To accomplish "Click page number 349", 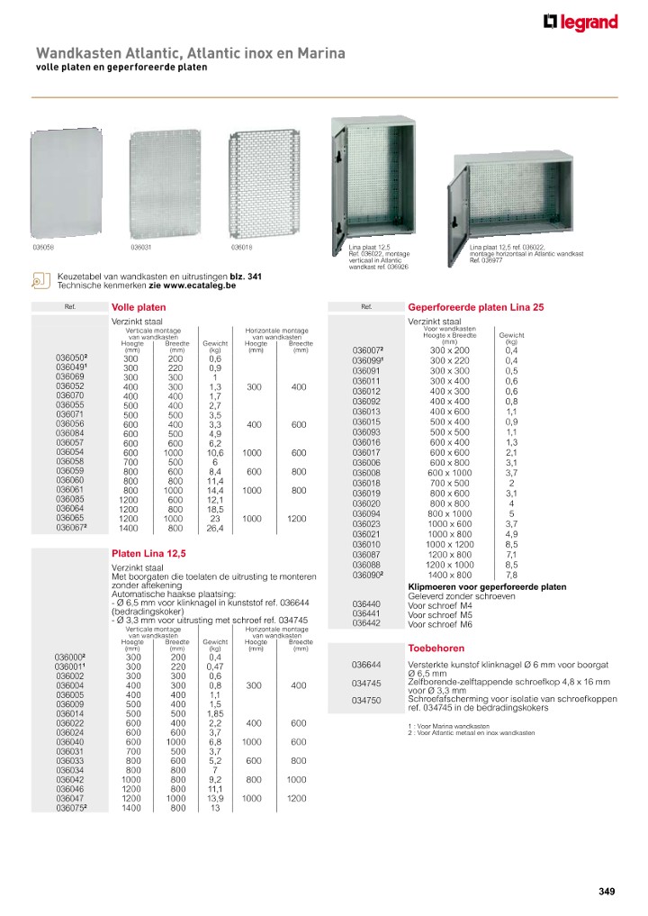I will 607,892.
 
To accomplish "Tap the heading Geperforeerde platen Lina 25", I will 476,307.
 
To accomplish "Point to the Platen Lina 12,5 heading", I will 148,552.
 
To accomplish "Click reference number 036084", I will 70,433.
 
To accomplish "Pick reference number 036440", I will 366,604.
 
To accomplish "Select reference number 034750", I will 366,700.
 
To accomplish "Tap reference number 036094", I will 366,513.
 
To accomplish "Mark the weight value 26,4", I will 215,529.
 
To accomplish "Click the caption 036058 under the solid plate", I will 43,246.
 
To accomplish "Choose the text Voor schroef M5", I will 441,614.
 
